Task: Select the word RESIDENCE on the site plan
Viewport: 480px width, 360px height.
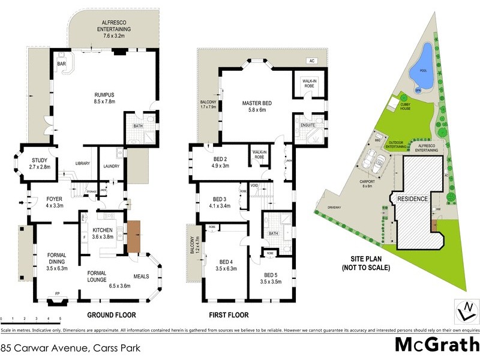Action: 411,199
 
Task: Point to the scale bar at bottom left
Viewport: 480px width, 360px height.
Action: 30,319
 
